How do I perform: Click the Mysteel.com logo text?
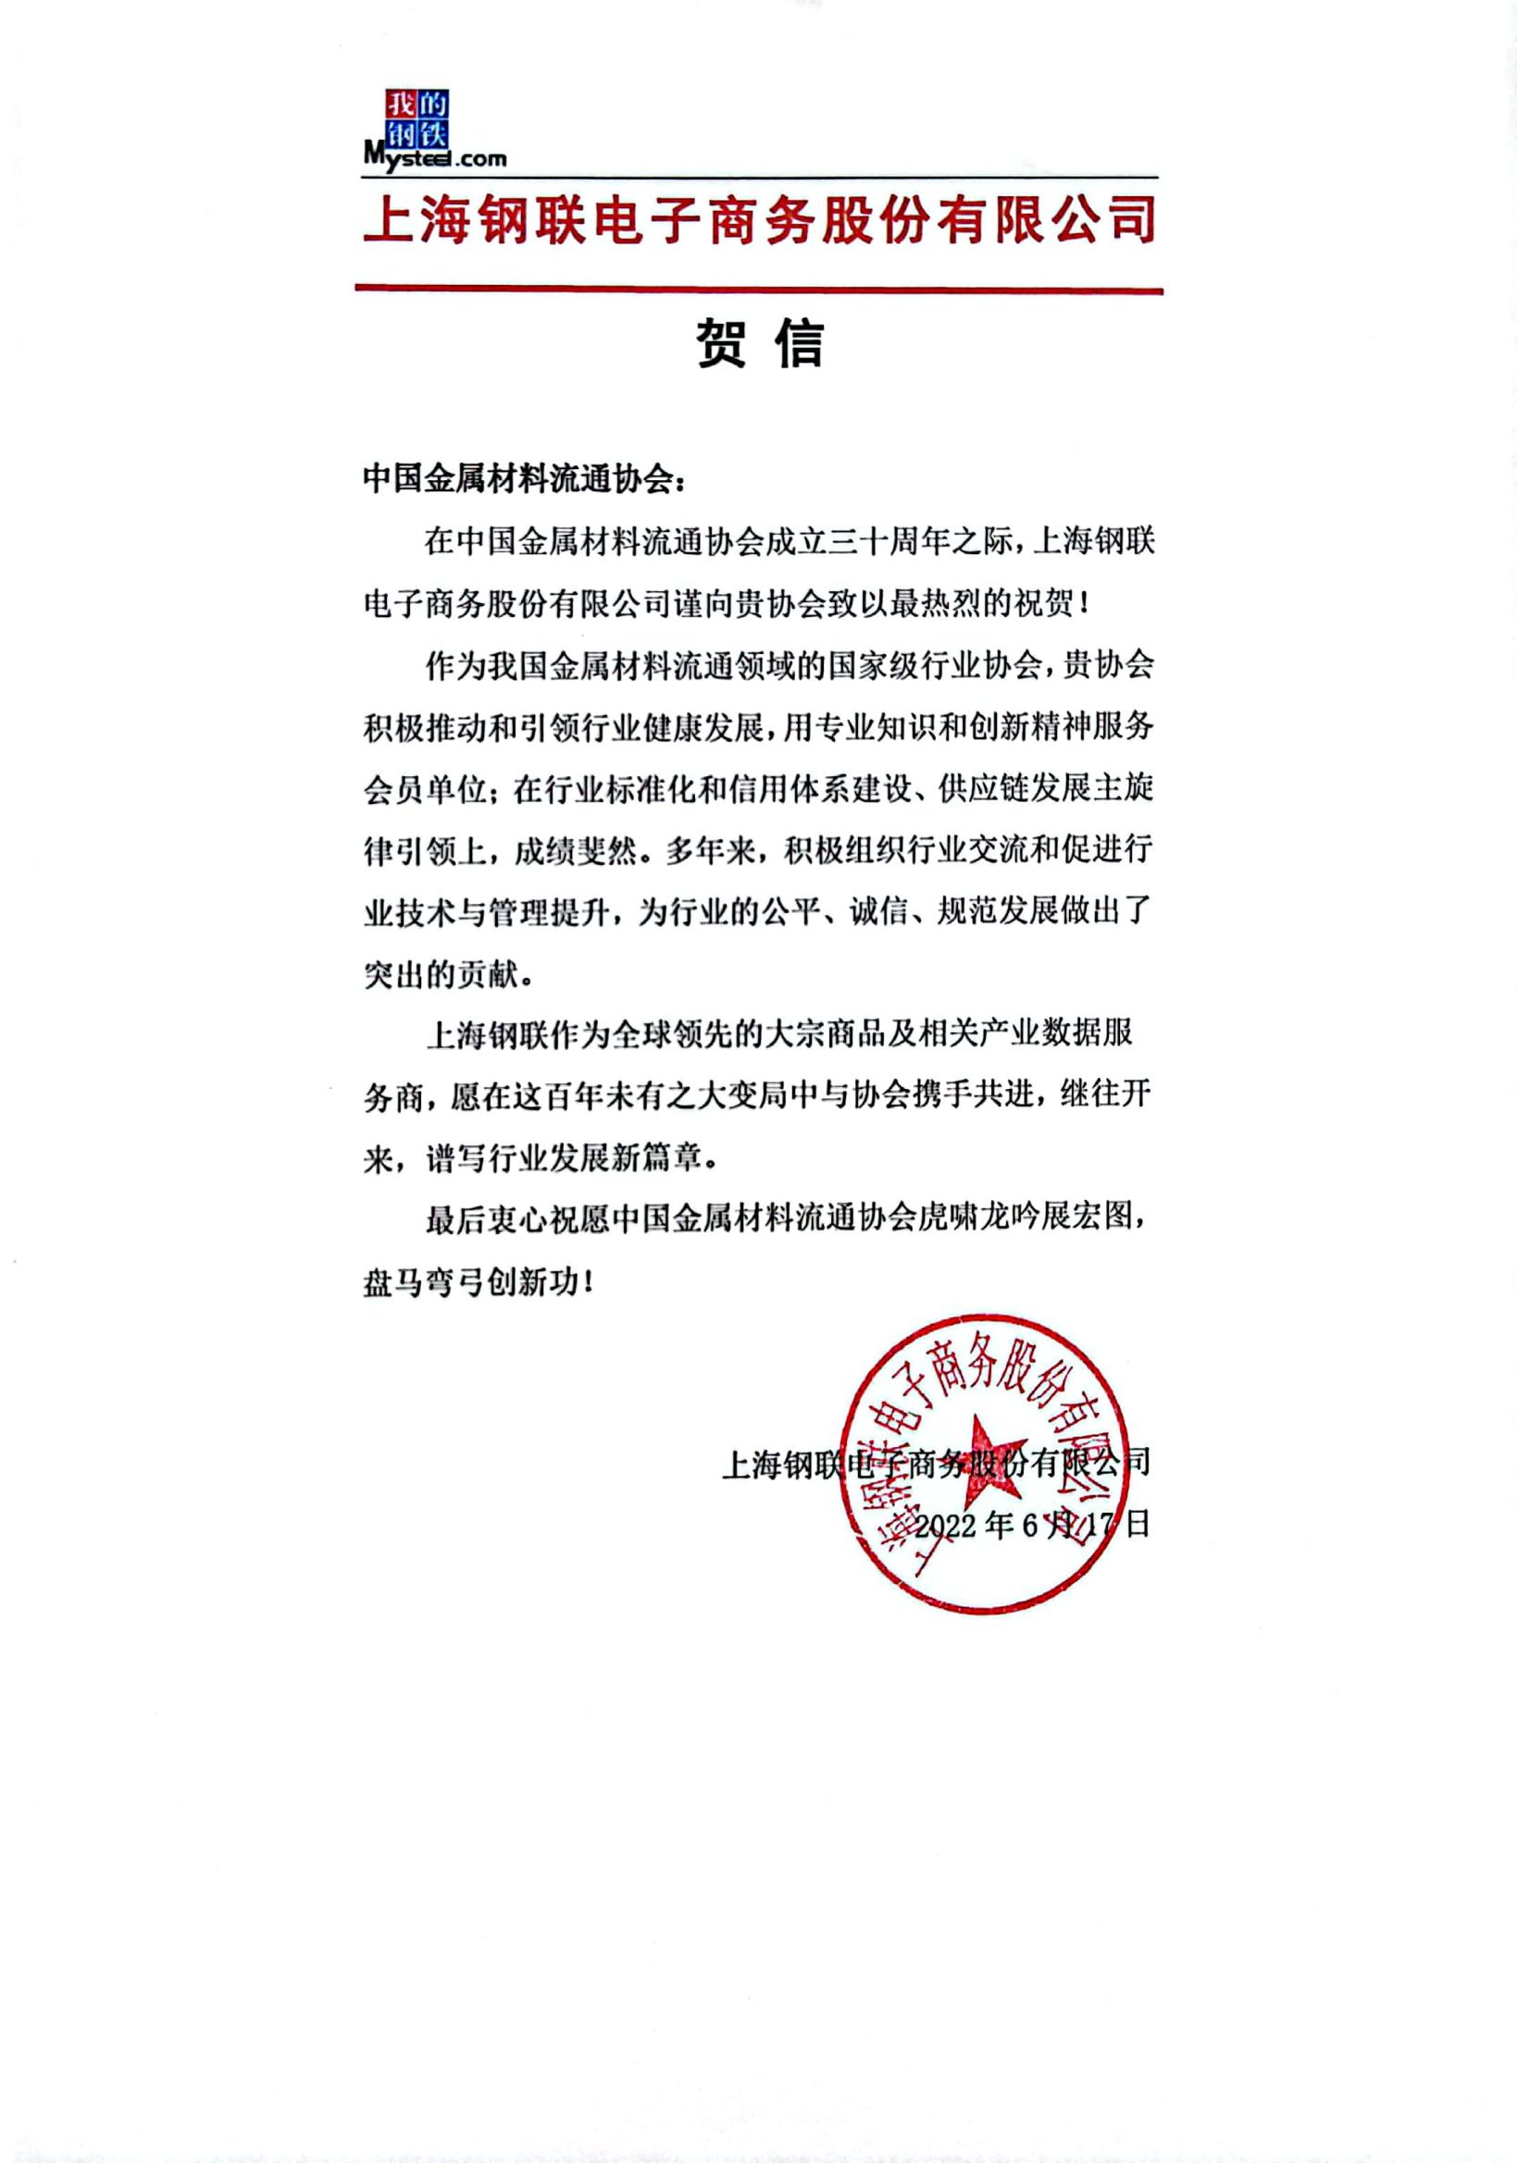coord(435,158)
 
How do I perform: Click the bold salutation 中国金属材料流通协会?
coord(518,480)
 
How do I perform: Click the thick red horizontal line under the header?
coord(758,291)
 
